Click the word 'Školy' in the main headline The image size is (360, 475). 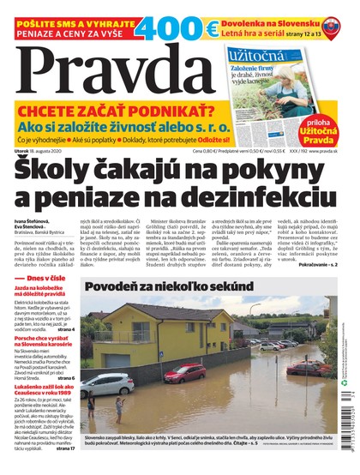pos(72,171)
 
